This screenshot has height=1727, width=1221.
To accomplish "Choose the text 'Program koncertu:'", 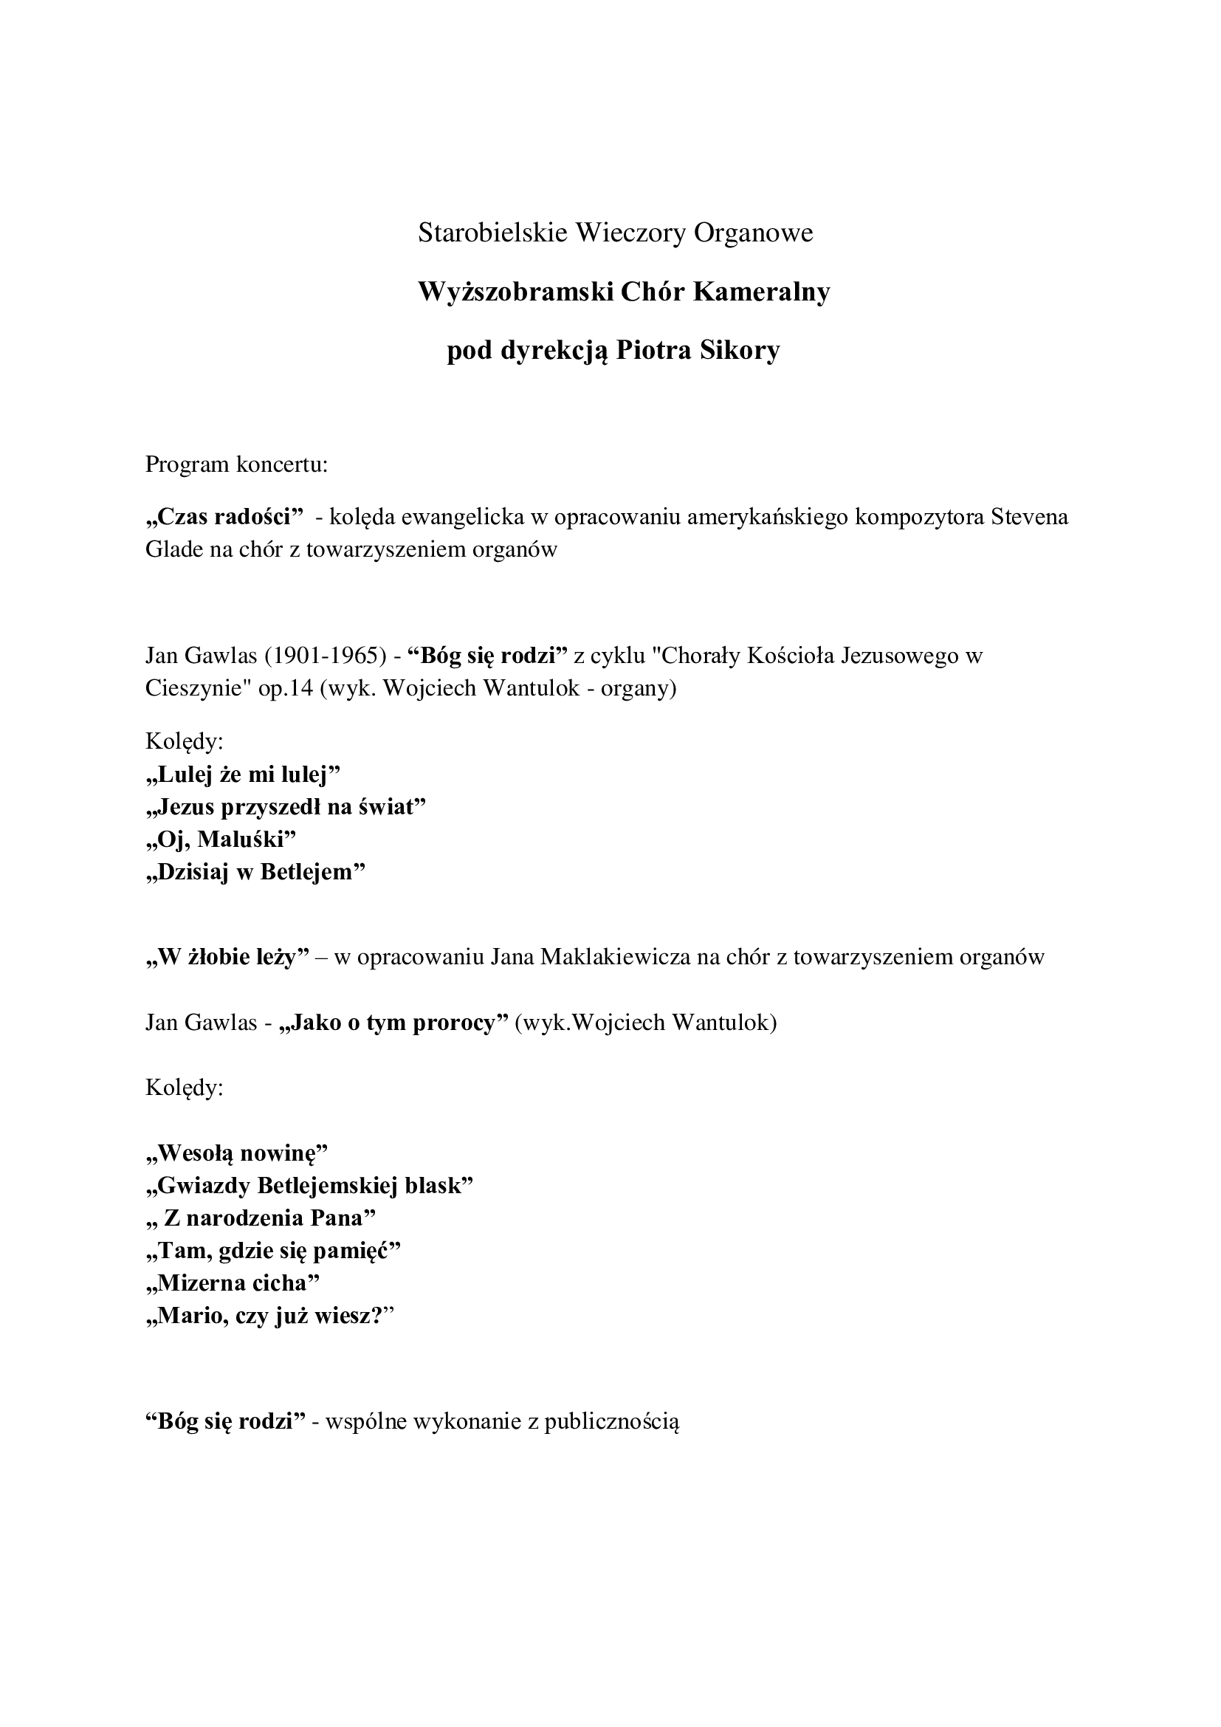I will (x=237, y=464).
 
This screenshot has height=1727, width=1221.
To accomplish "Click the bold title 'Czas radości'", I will (x=223, y=518).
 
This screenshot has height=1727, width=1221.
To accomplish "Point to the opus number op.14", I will (x=285, y=688).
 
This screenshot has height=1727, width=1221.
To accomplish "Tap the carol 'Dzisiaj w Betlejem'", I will (x=255, y=872).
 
